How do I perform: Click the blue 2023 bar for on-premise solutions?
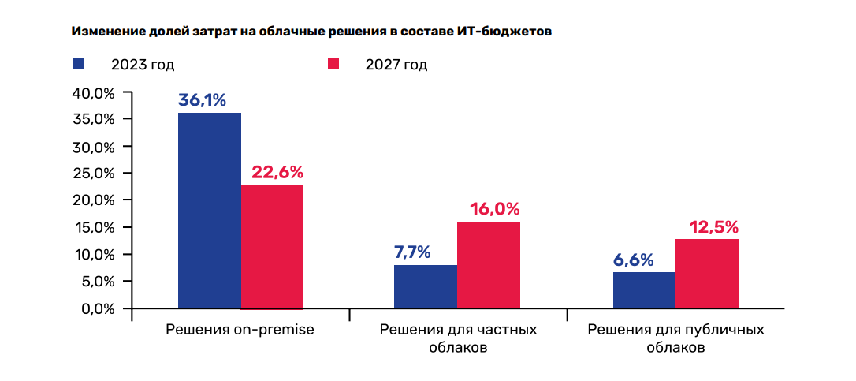209,210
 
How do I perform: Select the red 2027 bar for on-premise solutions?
272,246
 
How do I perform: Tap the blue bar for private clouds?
426,286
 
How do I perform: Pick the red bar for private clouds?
489,264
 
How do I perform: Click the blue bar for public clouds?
644,289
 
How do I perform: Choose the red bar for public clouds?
707,273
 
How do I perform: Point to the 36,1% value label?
203,101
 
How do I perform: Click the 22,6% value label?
277,172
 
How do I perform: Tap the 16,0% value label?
494,209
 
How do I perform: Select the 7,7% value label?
411,252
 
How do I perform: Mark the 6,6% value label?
633,260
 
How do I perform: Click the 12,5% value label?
713,227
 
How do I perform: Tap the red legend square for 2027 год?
333,64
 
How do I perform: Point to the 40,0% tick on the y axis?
94,93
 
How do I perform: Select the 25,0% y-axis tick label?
94,174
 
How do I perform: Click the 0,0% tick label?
97,308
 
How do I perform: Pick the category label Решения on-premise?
240,330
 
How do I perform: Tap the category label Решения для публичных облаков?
675,338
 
